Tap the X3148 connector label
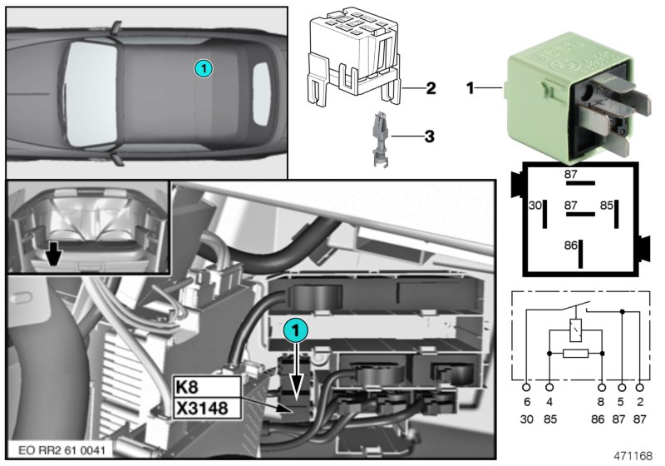coord(204,408)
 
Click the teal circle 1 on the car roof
coord(204,67)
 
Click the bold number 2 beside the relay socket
coord(431,87)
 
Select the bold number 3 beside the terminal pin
coord(430,134)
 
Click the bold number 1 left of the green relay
coord(471,86)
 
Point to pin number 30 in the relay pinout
coord(535,205)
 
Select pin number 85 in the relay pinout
coord(607,205)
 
